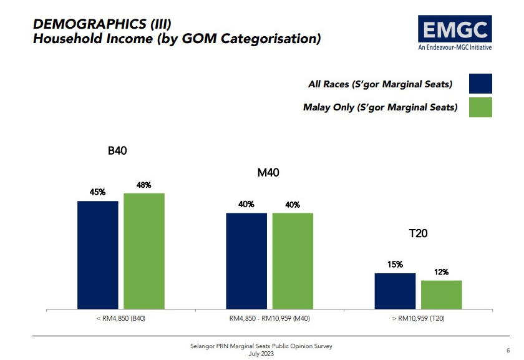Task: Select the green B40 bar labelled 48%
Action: coord(144,251)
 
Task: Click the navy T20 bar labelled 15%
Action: coord(395,291)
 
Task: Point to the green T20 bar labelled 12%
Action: coord(441,294)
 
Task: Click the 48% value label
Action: coord(144,185)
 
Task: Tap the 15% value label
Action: coord(395,265)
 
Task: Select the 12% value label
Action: coord(441,272)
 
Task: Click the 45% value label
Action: coord(98,192)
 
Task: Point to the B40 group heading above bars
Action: coord(118,150)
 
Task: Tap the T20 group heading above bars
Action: coord(418,233)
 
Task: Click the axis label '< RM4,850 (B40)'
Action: coord(120,318)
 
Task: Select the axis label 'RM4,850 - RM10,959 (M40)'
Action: coord(269,318)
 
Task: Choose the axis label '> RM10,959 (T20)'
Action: coord(418,318)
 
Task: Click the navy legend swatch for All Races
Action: coord(480,84)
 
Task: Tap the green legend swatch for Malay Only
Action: coord(480,107)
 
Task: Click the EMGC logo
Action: coord(455,33)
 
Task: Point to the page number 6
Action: coord(508,350)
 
